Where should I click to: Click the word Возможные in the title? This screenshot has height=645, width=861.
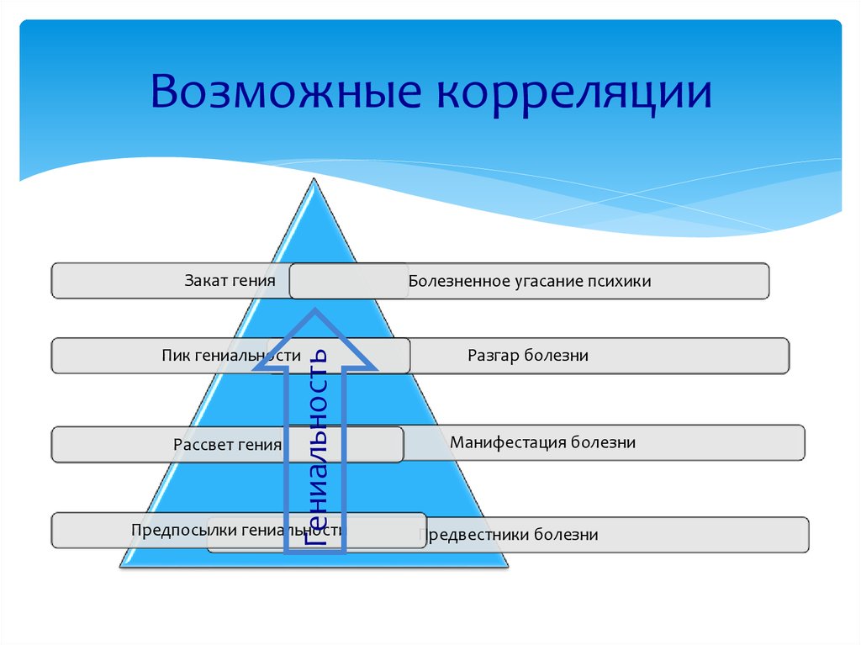coord(286,93)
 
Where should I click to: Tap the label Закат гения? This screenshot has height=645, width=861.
coord(230,280)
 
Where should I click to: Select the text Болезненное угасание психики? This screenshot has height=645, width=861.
coord(530,282)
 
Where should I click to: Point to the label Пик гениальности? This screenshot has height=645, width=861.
coord(230,356)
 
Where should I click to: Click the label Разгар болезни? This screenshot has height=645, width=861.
coord(527,356)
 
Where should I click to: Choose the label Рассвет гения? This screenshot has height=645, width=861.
coord(227,445)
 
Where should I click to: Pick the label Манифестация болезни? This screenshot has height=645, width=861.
coord(542,442)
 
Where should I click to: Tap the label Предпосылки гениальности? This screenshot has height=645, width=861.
coord(238,531)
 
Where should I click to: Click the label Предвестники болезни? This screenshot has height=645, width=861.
coord(509,535)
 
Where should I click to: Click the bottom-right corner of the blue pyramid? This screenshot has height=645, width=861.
coord(507,566)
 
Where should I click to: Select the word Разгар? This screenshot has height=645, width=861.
coord(494,356)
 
